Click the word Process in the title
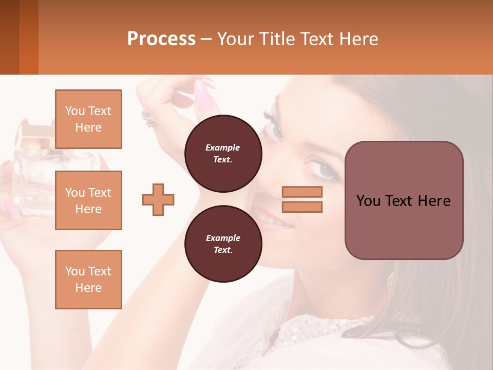click(x=161, y=39)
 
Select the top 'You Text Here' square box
click(x=88, y=119)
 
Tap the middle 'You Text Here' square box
click(x=88, y=200)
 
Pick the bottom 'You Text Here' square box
click(x=88, y=280)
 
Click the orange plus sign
click(x=158, y=199)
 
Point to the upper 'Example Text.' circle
click(x=223, y=154)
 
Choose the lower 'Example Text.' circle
click(x=223, y=244)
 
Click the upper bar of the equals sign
click(x=302, y=192)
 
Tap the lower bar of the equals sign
click(x=302, y=207)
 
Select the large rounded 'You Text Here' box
click(x=404, y=200)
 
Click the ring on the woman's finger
click(x=149, y=118)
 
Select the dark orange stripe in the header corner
click(x=29, y=37)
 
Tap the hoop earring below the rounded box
click(x=391, y=283)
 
